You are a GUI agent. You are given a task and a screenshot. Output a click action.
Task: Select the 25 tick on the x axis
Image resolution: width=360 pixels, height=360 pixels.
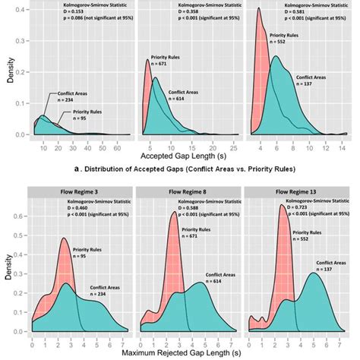tap(235, 142)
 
